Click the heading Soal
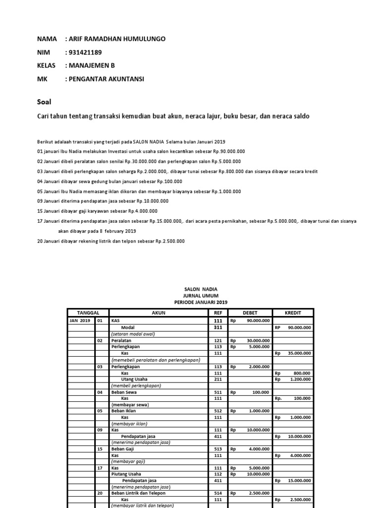coord(44,102)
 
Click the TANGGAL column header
coord(88,313)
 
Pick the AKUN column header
coord(158,313)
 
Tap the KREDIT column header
coord(293,313)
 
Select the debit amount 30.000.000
coord(257,341)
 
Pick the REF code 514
coord(217,494)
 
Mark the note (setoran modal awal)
coord(133,334)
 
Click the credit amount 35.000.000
coord(301,354)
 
